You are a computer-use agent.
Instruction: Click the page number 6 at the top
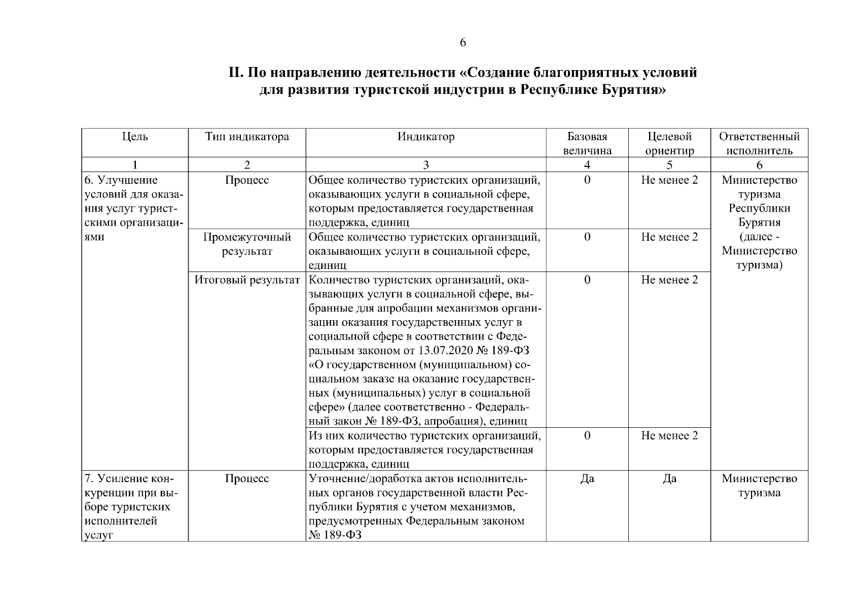point(462,43)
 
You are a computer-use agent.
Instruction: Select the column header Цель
point(135,137)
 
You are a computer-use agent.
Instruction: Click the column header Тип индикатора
point(247,137)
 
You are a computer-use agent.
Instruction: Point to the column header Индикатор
point(426,137)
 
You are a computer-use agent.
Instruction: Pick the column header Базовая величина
point(587,144)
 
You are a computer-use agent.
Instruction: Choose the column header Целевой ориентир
point(669,144)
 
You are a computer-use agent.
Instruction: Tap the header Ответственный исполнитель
point(759,144)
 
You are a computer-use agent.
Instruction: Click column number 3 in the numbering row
point(426,165)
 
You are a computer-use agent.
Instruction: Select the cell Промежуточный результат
point(247,244)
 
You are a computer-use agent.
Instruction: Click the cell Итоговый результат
point(247,280)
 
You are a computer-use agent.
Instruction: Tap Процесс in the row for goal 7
point(247,479)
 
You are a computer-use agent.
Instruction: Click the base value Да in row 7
point(587,479)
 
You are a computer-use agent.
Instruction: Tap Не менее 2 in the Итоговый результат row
point(669,280)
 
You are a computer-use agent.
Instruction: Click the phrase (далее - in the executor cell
point(759,237)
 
